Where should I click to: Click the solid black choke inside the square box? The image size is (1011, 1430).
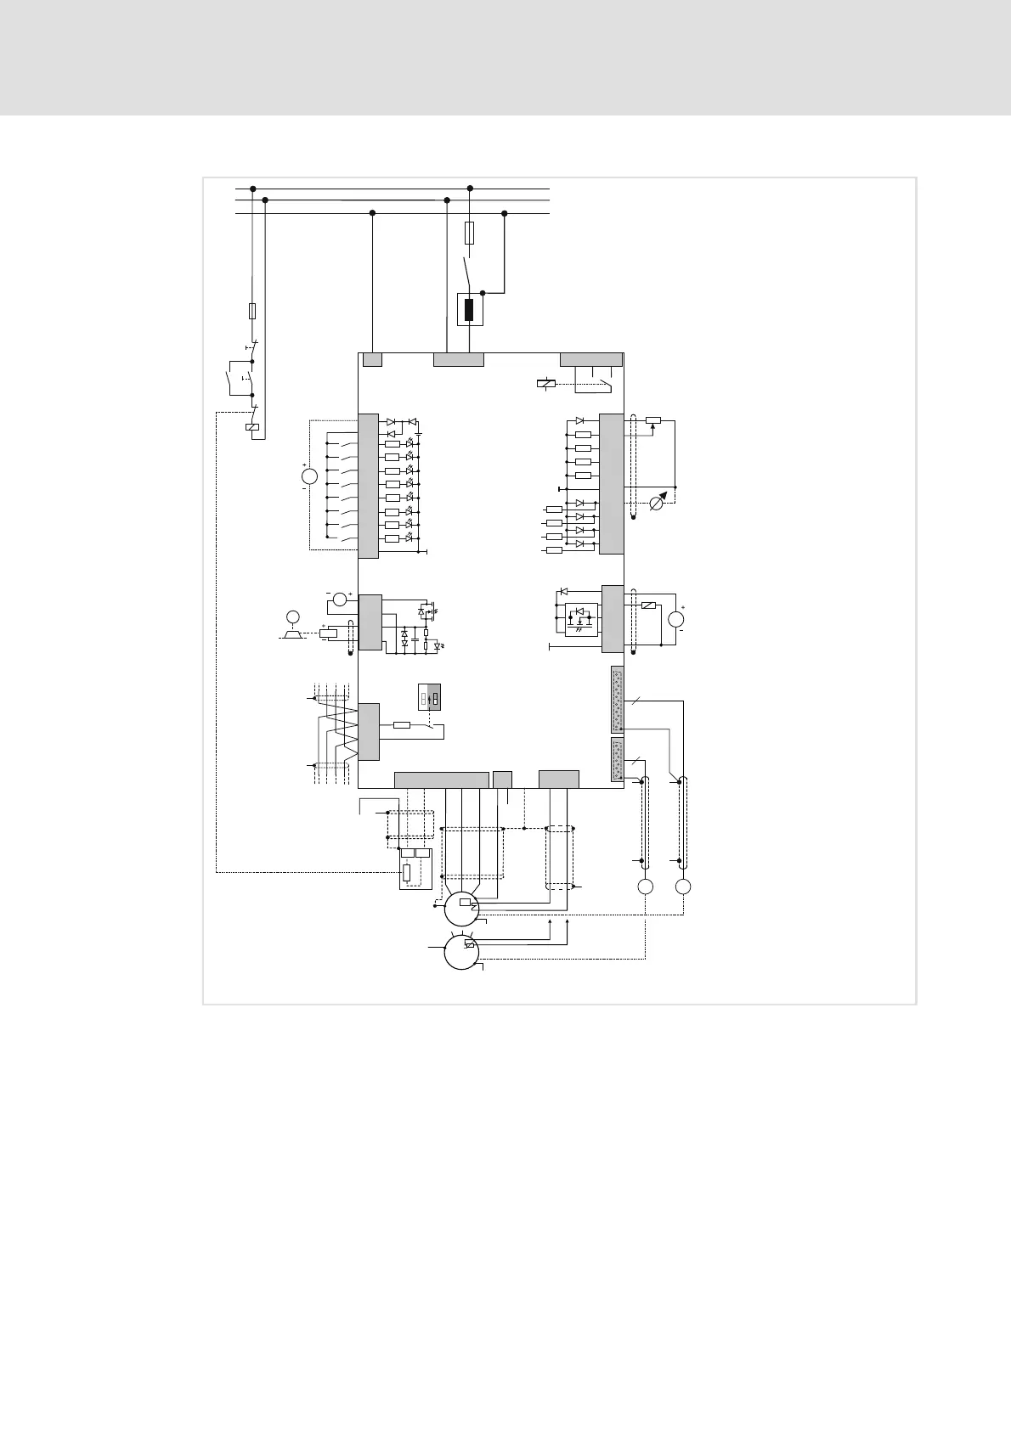469,309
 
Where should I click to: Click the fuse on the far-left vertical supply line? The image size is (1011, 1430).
252,311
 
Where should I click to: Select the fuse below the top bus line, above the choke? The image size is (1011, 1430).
470,234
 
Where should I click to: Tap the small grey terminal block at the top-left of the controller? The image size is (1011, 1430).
372,359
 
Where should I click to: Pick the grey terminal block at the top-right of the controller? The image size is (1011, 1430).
590,358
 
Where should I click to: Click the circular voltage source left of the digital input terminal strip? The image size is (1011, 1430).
309,477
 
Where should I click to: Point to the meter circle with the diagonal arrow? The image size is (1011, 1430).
657,504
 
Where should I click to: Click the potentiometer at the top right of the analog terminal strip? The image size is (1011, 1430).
653,419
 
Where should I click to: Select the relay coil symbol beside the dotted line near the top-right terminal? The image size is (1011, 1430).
546,384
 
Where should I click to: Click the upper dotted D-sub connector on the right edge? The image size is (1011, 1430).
618,700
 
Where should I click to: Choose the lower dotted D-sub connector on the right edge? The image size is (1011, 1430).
618,760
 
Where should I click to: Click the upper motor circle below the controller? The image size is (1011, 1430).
460,909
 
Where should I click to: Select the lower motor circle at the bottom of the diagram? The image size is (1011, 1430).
460,952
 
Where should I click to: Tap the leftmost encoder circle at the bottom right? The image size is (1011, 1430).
646,887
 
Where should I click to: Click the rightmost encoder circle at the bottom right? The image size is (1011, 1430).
683,887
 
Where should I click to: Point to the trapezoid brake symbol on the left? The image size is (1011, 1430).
293,633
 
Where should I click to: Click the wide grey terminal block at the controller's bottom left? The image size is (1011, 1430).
441,780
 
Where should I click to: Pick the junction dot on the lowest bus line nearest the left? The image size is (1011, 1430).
372,213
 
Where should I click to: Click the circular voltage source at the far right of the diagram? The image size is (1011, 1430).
677,618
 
